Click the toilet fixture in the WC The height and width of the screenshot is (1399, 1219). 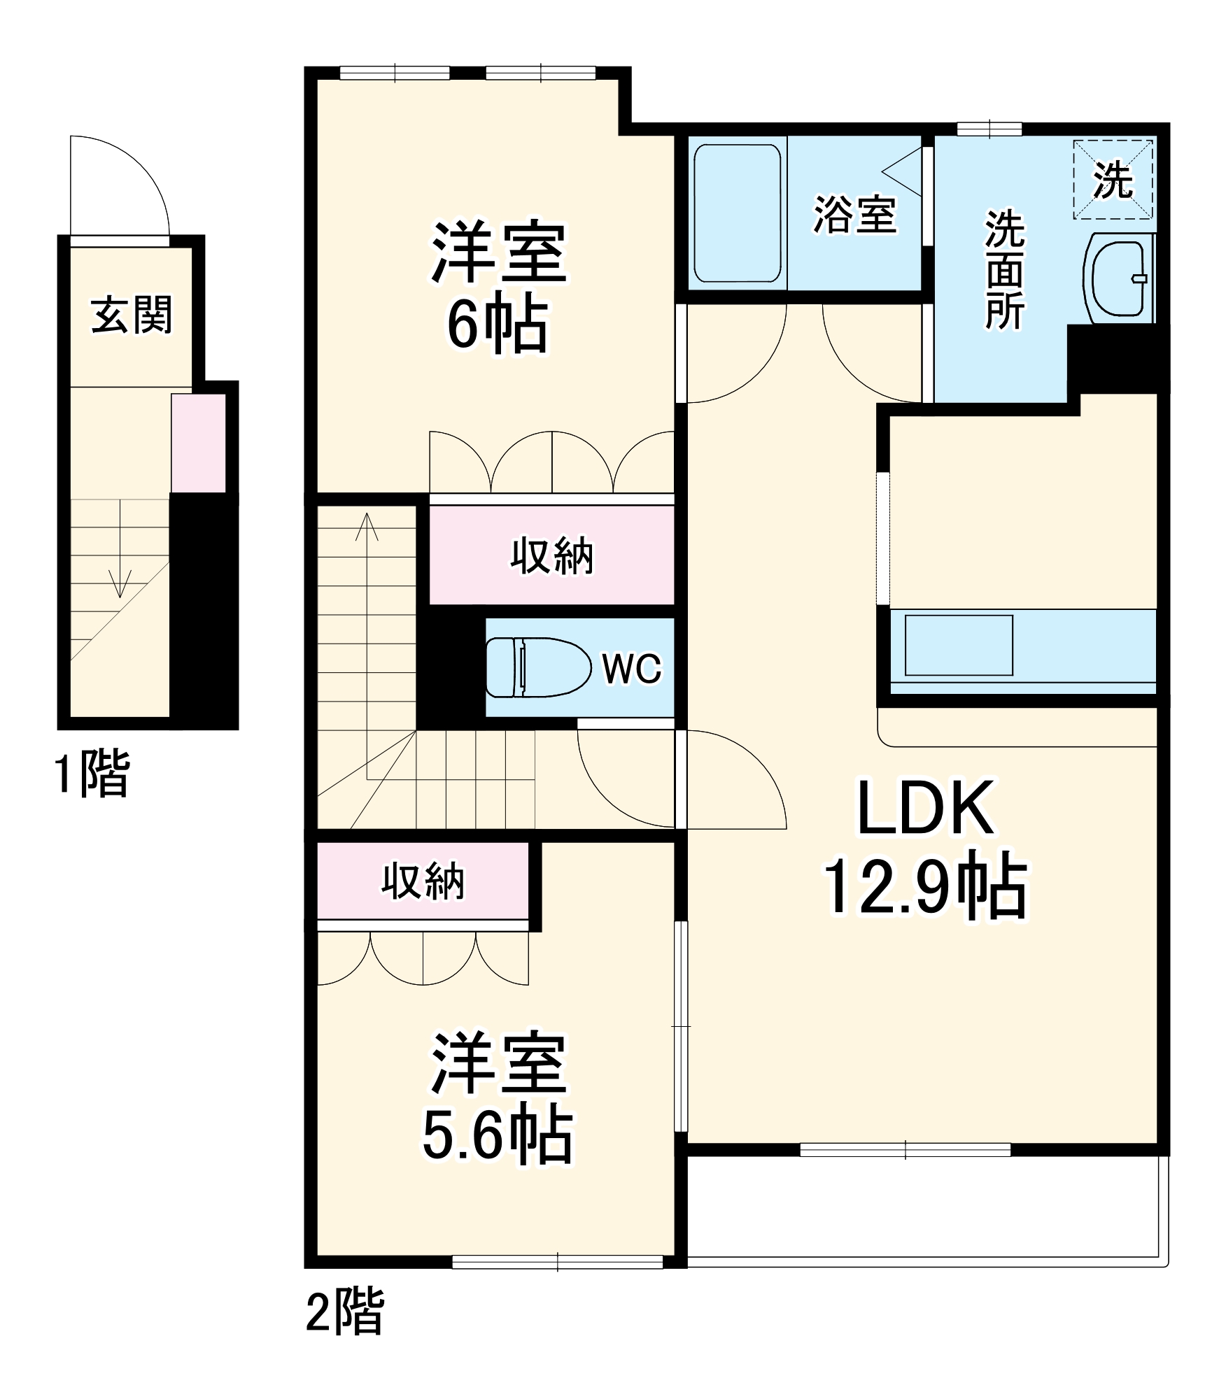coord(537,667)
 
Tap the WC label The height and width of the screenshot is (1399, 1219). coord(631,669)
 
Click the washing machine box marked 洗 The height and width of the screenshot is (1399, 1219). coord(1113,180)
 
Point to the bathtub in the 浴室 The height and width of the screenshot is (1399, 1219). coord(737,213)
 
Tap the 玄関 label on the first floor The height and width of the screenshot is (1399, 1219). coord(132,315)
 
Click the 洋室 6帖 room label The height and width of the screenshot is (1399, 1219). coord(498,287)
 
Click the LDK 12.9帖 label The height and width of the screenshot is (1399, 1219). coord(925,848)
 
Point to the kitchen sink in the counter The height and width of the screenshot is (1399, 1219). coord(959,645)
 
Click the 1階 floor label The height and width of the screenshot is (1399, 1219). coord(92,772)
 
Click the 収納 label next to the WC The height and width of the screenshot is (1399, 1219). coord(551,556)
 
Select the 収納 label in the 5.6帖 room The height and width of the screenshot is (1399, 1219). coord(423,881)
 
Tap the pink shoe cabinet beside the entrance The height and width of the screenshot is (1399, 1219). coord(199,443)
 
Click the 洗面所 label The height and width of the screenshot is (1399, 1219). coord(1004,269)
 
